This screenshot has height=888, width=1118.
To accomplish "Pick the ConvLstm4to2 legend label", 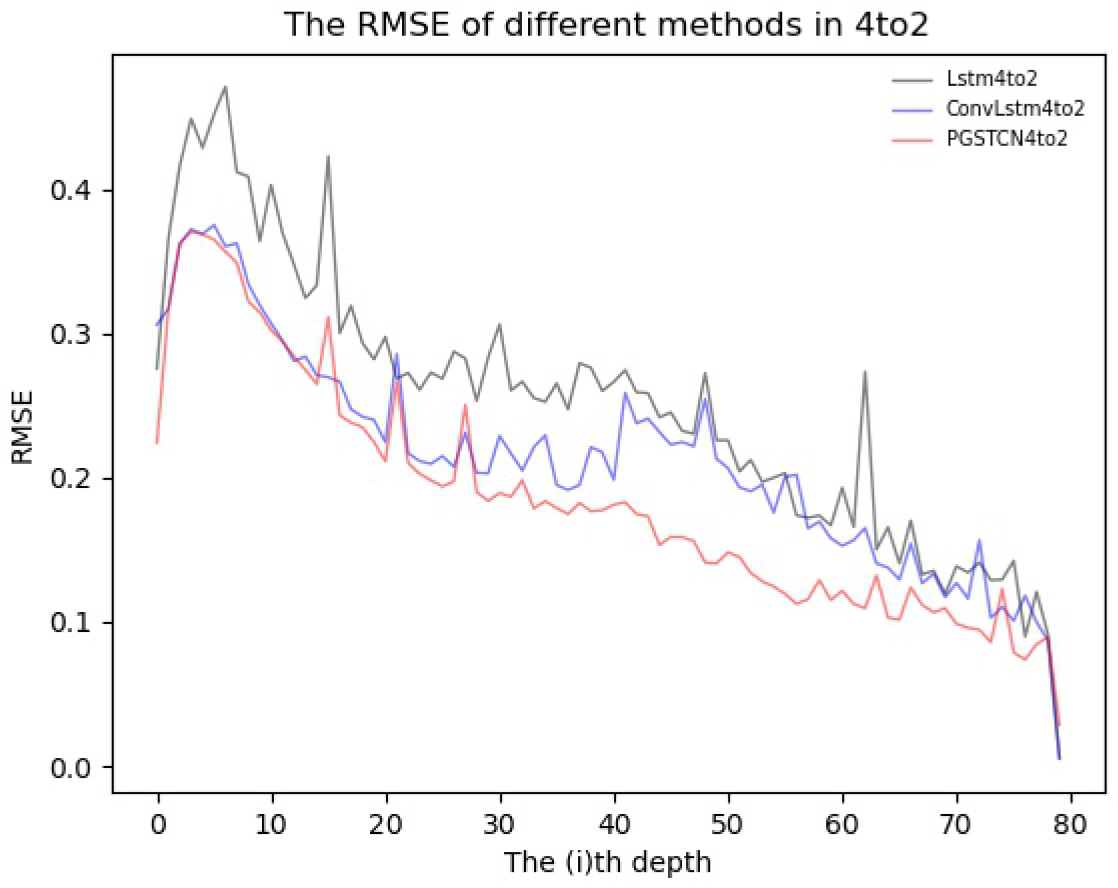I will coord(1015,108).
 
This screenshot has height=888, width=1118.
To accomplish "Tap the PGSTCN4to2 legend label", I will coord(1006,138).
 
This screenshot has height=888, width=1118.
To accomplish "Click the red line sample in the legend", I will coord(912,139).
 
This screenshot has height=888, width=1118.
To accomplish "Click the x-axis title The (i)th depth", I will coord(607,863).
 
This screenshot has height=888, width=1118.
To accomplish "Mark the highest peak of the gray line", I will coord(225,87).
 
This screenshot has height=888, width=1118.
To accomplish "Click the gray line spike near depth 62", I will coord(864,371).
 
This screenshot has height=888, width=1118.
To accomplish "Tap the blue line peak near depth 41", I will coord(625,393).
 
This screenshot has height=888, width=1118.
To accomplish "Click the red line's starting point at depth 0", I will coord(156,442).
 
